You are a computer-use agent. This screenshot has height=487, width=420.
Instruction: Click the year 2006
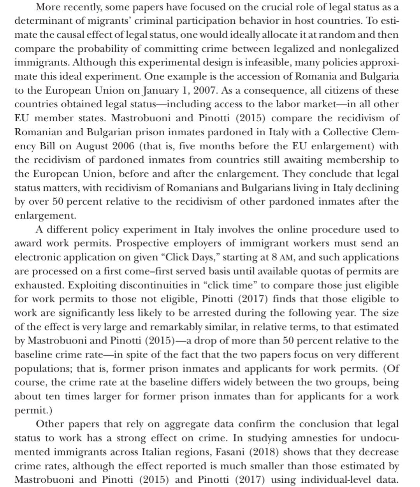coord(122,146)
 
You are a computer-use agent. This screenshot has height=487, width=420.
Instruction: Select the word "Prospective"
coord(143,243)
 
